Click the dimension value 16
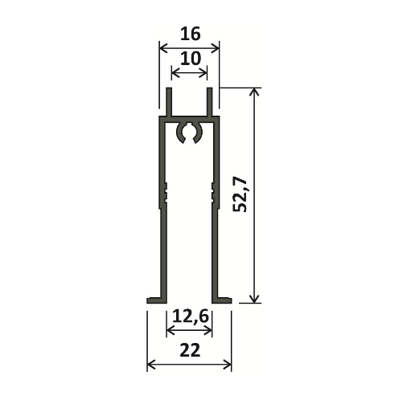coord(191,34)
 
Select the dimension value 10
coord(191,59)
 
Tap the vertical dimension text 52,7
coord(240,194)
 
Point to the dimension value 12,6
coord(190,316)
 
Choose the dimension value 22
coord(190,350)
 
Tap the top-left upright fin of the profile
coord(169,102)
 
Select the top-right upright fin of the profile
coord(210,102)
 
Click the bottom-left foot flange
coord(156,300)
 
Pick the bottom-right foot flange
coord(222,300)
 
